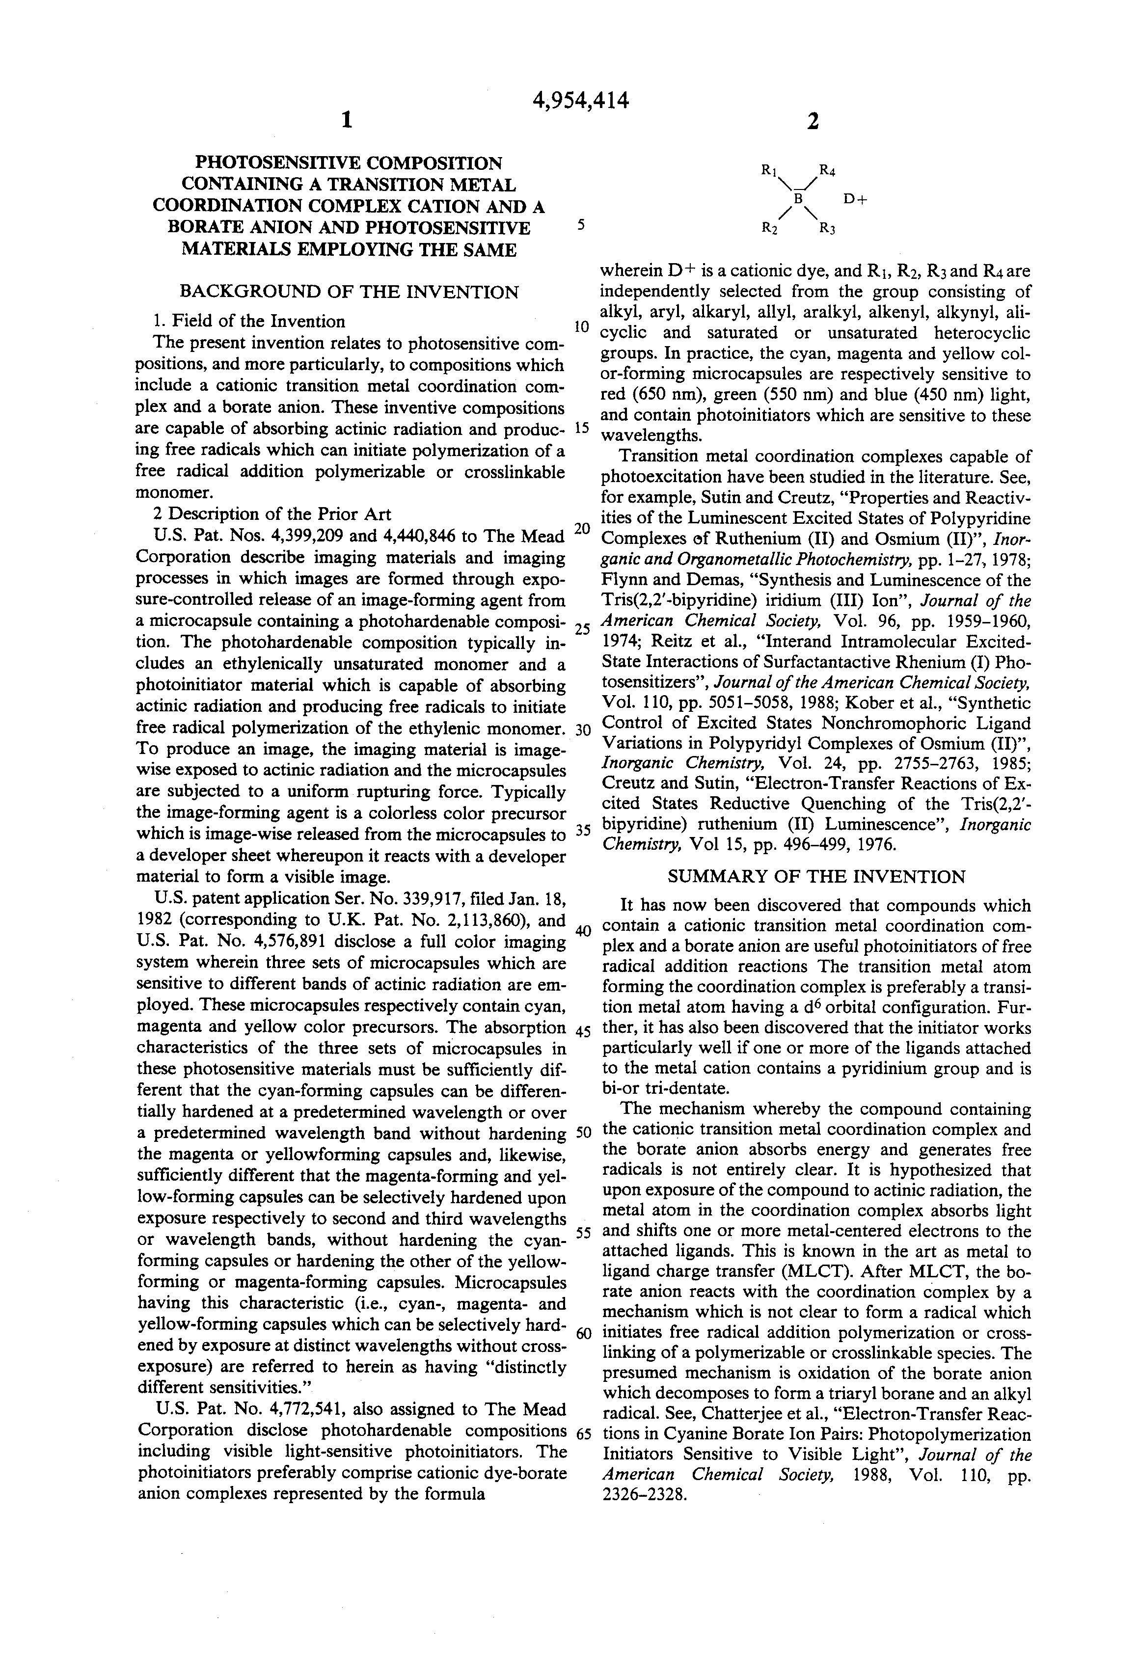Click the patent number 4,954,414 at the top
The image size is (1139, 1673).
pos(580,101)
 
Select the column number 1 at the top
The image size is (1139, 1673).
pos(346,120)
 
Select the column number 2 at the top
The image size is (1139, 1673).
pos(813,122)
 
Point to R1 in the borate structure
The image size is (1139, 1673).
pos(768,171)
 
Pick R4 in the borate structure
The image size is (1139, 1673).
pos(827,171)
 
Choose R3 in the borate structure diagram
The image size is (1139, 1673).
pos(827,229)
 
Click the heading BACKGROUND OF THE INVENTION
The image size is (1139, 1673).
pos(349,292)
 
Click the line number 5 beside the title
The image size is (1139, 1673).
pos(581,225)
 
